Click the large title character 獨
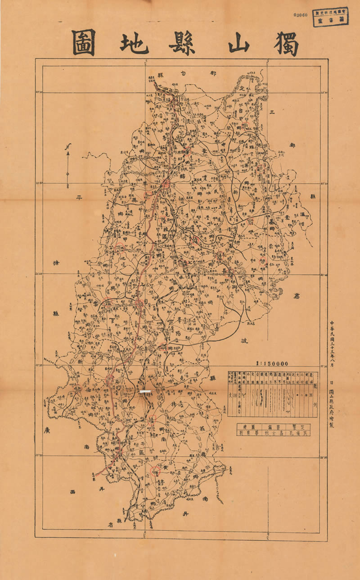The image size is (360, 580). click(286, 43)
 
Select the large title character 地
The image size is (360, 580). click(135, 43)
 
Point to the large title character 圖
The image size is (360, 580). click(83, 43)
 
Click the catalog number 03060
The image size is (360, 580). click(300, 15)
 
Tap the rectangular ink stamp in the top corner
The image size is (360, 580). click(331, 17)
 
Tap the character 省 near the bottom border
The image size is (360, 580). click(109, 525)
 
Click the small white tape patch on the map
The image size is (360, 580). click(147, 392)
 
